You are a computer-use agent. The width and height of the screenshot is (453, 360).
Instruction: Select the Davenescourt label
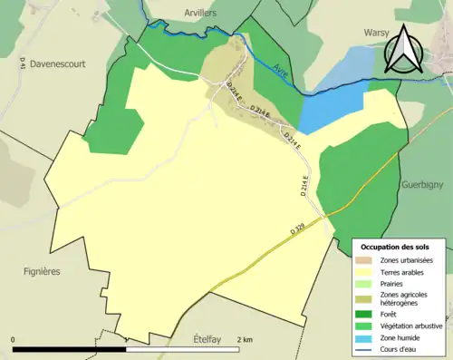pyautogui.click(x=62, y=64)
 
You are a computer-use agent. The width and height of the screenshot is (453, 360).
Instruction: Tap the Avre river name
pyautogui.click(x=283, y=68)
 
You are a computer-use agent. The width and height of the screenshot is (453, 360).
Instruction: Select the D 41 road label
pyautogui.click(x=22, y=63)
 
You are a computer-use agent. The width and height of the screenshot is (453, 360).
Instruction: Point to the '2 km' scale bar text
pyautogui.click(x=245, y=339)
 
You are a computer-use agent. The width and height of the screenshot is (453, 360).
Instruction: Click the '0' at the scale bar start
pyautogui.click(x=14, y=339)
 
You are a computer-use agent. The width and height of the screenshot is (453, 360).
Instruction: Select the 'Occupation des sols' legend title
pyautogui.click(x=397, y=247)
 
